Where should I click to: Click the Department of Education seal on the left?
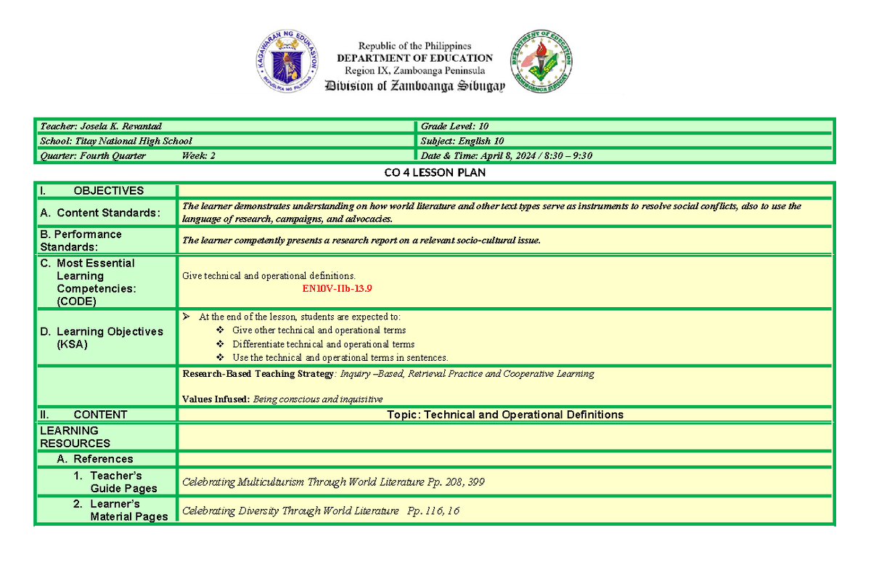click(x=286, y=62)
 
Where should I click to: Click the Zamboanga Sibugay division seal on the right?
click(x=541, y=62)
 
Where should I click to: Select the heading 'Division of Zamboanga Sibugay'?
click(x=414, y=86)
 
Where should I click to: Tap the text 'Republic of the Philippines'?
click(x=414, y=46)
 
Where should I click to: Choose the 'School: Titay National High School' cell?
click(x=116, y=141)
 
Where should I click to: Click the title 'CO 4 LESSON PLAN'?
click(x=435, y=173)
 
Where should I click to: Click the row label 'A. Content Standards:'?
click(x=107, y=213)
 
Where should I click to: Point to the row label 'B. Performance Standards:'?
click(x=81, y=240)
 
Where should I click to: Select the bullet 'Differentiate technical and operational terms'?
click(x=323, y=344)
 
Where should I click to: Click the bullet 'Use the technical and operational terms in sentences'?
click(x=340, y=357)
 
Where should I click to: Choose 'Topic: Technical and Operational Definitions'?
click(x=505, y=415)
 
